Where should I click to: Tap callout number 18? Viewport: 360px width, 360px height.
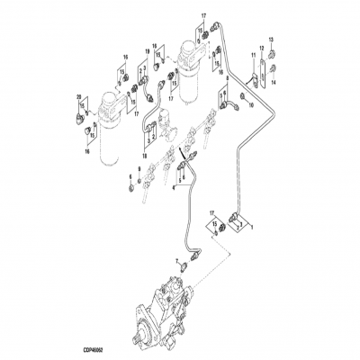tap(142, 131)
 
